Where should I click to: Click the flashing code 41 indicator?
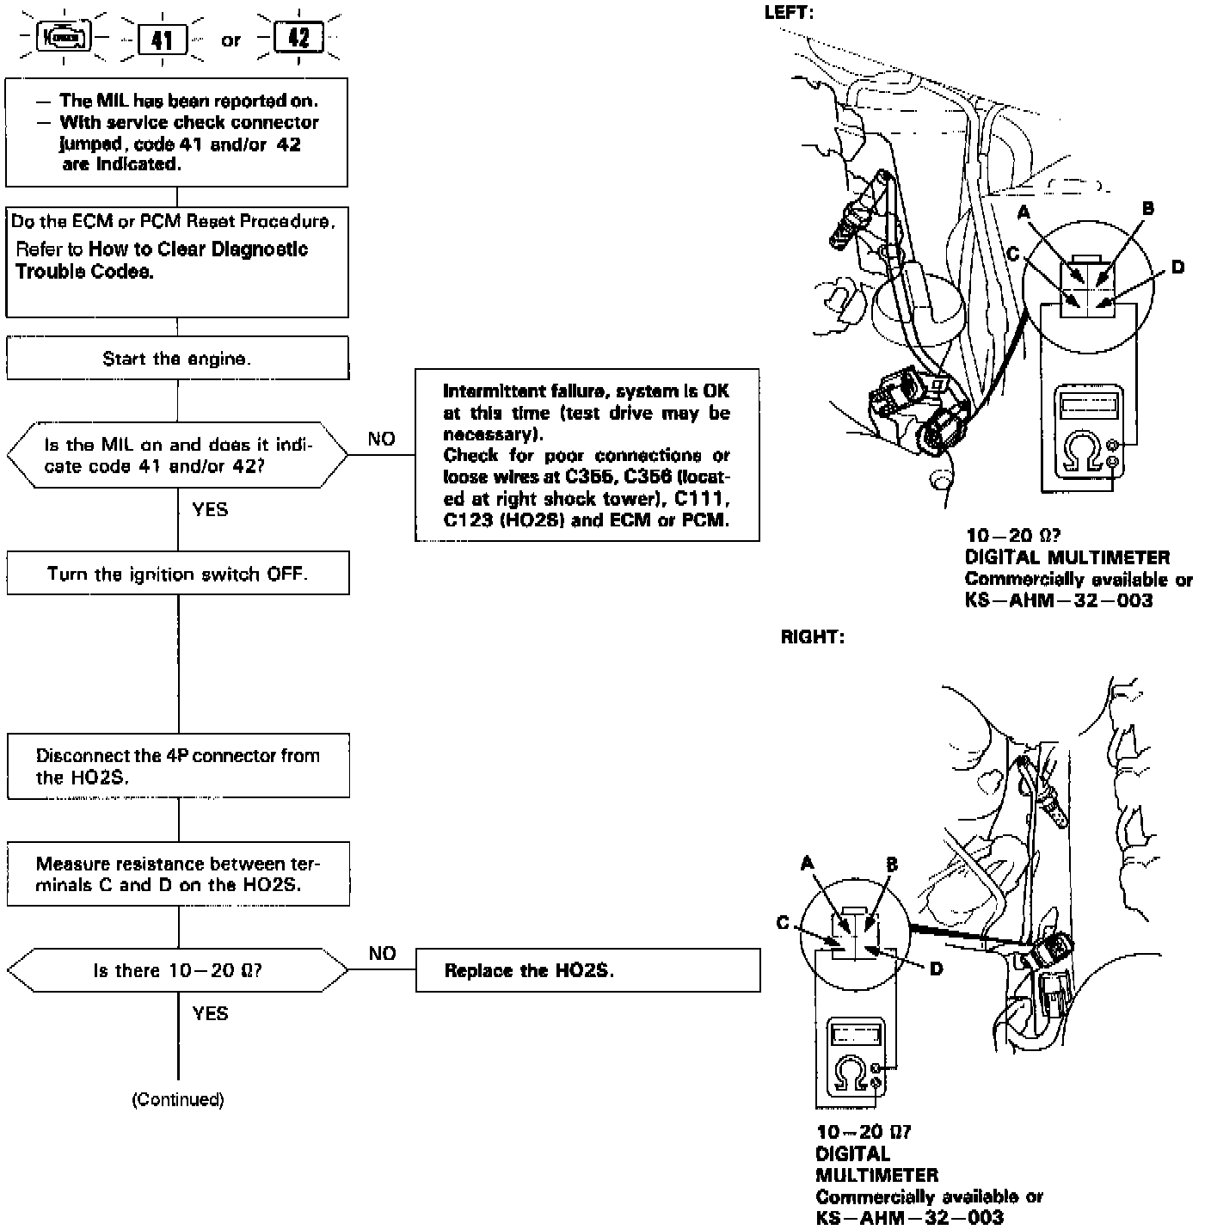162,40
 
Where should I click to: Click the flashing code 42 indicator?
298,38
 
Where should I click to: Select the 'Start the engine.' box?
177,359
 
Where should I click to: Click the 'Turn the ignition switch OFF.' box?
177,574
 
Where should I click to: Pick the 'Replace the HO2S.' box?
587,970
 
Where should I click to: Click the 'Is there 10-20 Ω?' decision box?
177,970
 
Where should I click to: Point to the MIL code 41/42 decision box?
177,455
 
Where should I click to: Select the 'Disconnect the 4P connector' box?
177,766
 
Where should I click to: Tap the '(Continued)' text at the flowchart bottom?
177,1099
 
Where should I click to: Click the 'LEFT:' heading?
789,12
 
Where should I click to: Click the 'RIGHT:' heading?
812,637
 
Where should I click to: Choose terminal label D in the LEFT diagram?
1177,267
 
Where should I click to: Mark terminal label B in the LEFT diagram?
1147,208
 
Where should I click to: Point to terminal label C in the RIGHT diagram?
783,923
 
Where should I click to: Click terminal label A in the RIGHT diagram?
807,863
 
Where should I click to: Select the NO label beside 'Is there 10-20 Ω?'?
382,953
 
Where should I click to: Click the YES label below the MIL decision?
210,509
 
